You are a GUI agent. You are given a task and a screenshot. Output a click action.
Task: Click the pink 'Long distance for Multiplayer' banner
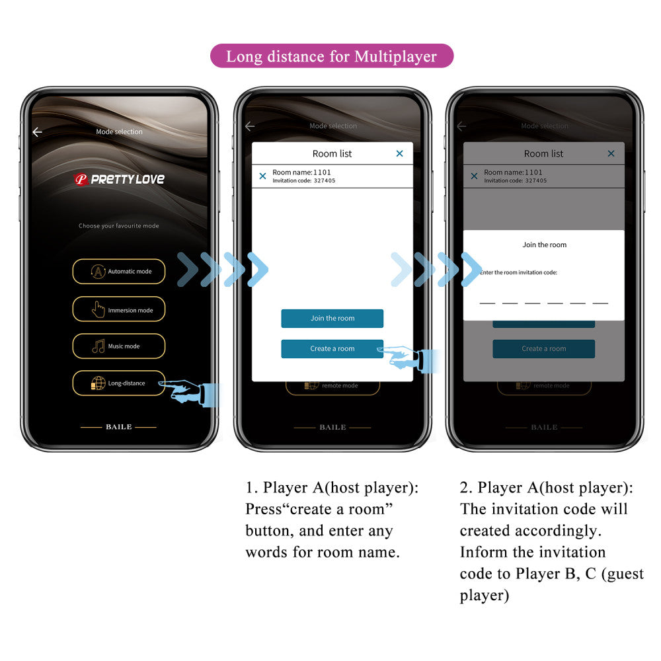[x=332, y=56]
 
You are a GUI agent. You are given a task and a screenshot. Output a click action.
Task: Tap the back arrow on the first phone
[x=37, y=132]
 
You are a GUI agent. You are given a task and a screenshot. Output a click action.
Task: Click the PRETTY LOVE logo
[x=119, y=179]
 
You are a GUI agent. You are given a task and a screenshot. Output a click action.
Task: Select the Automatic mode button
[x=119, y=272]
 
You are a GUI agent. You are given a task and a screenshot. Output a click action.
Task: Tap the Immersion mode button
[x=119, y=309]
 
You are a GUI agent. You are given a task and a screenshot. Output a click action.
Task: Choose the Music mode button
[x=119, y=346]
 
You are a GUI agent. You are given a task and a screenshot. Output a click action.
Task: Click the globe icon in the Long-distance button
[x=98, y=383]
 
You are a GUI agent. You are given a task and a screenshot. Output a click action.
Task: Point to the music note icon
[x=98, y=346]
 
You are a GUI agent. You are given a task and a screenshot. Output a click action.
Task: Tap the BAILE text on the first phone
[x=119, y=427]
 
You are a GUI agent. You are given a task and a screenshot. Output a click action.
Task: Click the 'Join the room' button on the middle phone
[x=332, y=319]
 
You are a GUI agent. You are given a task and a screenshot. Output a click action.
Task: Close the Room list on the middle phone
[x=399, y=153]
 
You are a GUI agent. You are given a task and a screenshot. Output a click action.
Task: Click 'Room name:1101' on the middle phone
[x=301, y=173]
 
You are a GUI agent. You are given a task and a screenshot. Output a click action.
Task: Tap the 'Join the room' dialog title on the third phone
[x=544, y=245]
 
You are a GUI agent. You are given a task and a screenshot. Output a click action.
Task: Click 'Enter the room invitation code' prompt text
[x=519, y=272]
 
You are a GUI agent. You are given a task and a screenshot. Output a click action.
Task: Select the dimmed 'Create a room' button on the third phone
[x=543, y=349]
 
